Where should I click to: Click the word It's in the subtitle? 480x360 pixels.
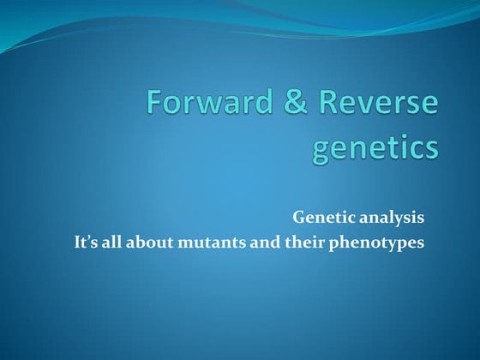(x=86, y=243)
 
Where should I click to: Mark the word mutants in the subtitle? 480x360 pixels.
(x=209, y=243)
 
